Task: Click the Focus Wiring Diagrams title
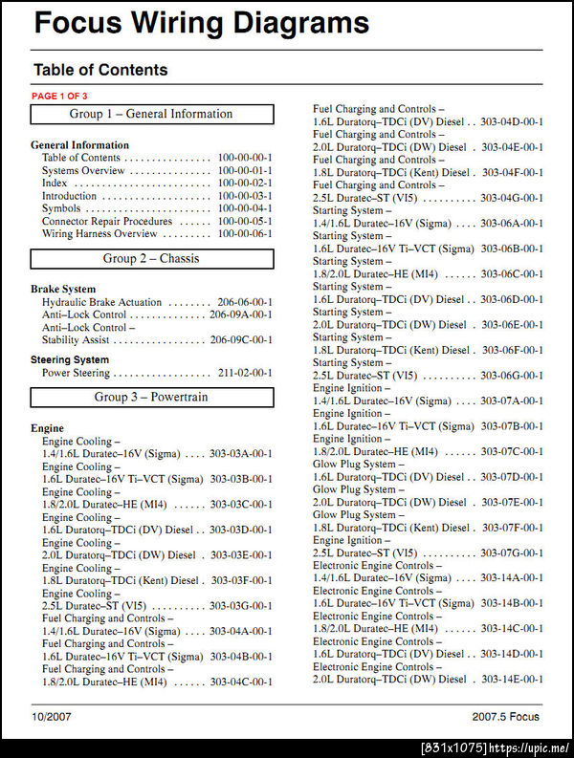(200, 23)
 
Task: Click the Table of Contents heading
(100, 70)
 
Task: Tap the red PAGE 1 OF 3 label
(59, 97)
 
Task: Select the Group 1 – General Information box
(151, 115)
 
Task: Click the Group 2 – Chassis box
(151, 259)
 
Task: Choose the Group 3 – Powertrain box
(151, 398)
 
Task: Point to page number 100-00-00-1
(244, 158)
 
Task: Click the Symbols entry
(61, 208)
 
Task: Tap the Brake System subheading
(63, 289)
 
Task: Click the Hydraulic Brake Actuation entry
(101, 302)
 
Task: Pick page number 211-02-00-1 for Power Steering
(244, 373)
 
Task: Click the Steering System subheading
(70, 360)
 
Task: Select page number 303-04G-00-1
(511, 198)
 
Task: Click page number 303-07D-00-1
(511, 477)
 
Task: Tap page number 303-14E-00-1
(511, 680)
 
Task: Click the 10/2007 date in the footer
(51, 717)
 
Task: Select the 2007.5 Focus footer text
(505, 717)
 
